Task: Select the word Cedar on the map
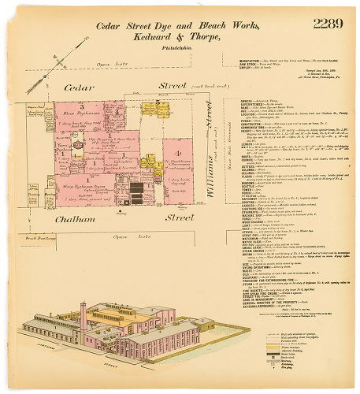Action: [x=80, y=87]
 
